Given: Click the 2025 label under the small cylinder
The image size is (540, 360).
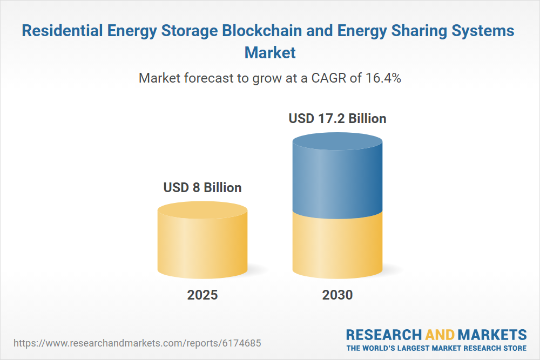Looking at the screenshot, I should pos(202,295).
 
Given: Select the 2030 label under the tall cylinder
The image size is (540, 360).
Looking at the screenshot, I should pos(337,295).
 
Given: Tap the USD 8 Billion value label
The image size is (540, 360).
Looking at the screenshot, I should pos(202,188).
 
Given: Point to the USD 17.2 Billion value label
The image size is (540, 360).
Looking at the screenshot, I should pos(337,118).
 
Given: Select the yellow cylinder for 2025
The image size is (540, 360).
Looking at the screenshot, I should pos(202,243).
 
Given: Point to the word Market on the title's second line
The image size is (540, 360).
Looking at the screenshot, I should pos(270,53).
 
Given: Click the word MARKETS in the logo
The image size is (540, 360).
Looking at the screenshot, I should pos(492,334).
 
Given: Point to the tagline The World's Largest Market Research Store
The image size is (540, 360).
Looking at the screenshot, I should pos(436,348).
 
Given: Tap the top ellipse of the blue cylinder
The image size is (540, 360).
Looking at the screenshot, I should pos(337,144).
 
